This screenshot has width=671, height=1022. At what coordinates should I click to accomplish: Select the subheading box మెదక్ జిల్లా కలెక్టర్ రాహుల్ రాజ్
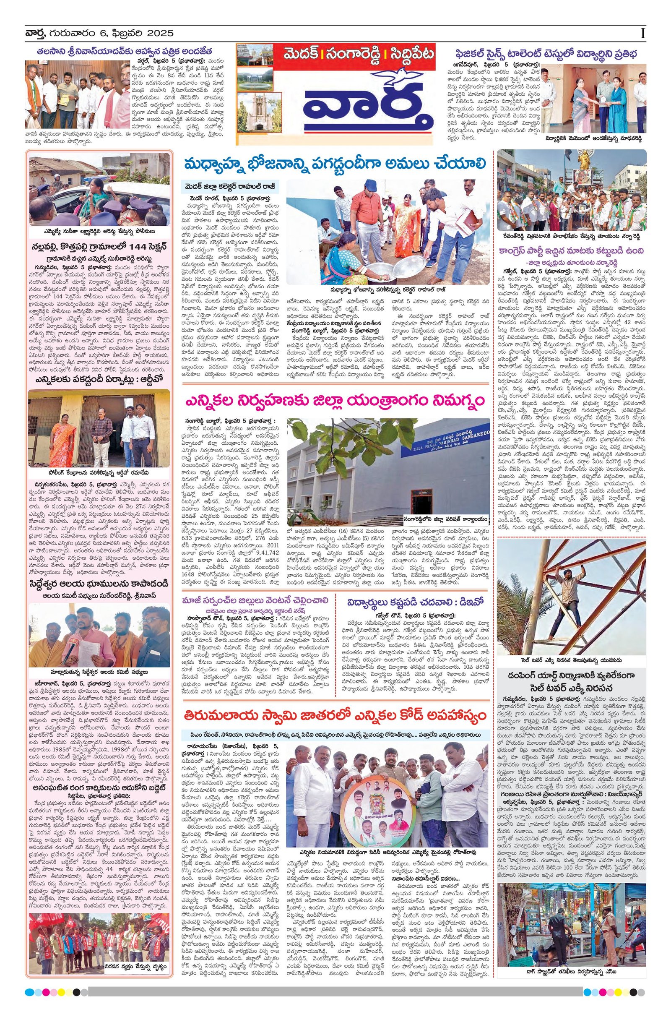point(230,186)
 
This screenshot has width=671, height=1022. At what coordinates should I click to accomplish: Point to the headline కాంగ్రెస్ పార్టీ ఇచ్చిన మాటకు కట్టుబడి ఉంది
point(571,251)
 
